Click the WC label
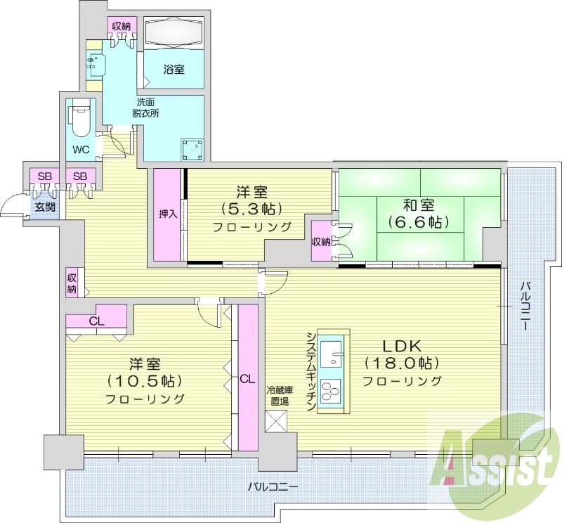(81, 149)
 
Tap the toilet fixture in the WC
(81, 120)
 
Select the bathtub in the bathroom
(174, 32)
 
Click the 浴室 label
(174, 69)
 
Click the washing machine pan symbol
(193, 150)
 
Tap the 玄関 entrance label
(44, 207)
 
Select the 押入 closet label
(168, 214)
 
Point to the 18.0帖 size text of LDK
(402, 363)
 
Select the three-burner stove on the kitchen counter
(332, 390)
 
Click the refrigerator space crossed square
(276, 422)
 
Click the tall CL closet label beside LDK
(248, 379)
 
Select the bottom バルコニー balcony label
(273, 487)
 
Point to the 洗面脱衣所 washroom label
(145, 108)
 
